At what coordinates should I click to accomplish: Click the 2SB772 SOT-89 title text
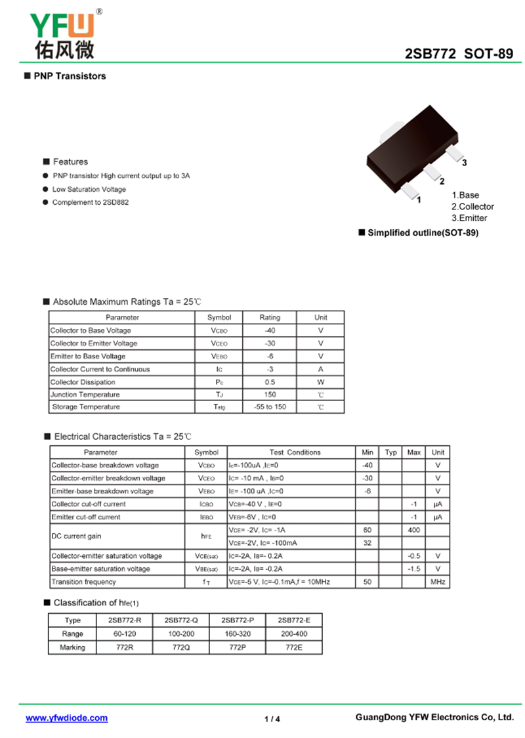click(459, 54)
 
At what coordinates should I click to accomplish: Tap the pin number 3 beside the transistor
click(464, 163)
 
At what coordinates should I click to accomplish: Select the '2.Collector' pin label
click(472, 206)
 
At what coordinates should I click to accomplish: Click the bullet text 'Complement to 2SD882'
click(91, 202)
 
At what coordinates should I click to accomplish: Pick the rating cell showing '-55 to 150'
click(270, 407)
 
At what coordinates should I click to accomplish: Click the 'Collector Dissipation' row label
click(83, 382)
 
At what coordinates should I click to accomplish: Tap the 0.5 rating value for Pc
click(270, 382)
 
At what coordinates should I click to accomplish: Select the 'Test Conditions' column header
click(295, 452)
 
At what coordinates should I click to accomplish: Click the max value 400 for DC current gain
click(414, 530)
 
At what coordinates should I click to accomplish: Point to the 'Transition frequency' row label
click(83, 582)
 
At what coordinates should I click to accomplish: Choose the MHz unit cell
click(438, 582)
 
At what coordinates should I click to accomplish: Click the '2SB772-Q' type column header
click(180, 620)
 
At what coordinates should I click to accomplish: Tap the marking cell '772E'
click(294, 647)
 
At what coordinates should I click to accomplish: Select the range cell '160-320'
click(237, 634)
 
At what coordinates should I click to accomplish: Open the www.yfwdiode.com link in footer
click(66, 718)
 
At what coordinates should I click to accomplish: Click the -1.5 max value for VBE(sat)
click(414, 569)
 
